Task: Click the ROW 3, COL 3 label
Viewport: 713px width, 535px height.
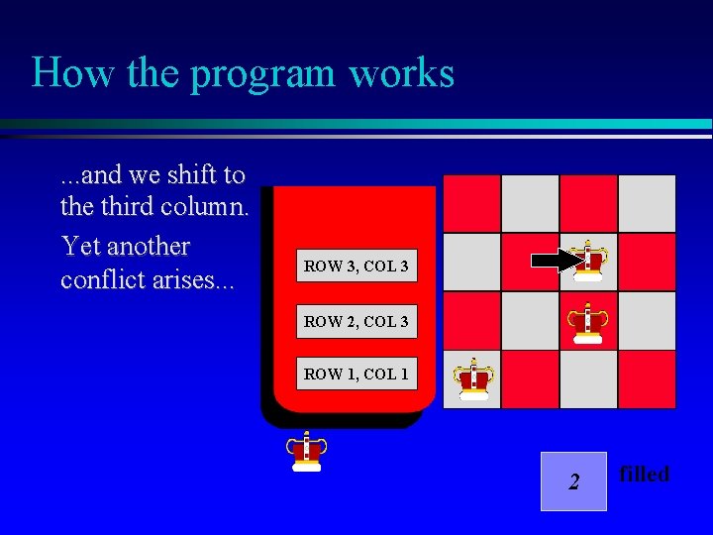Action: [x=356, y=266]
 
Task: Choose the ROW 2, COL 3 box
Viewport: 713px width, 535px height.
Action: [x=356, y=321]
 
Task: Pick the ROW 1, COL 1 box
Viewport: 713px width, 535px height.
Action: [x=356, y=374]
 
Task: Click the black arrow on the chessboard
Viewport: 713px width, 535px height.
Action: [x=558, y=262]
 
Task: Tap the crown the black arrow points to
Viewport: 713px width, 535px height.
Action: [x=589, y=262]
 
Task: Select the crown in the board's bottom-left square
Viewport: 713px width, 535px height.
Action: [x=473, y=378]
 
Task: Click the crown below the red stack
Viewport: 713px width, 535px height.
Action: [x=307, y=452]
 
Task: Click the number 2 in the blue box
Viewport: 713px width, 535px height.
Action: [x=573, y=482]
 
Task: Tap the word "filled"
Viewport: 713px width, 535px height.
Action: [x=644, y=475]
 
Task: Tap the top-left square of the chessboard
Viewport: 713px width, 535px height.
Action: [x=472, y=204]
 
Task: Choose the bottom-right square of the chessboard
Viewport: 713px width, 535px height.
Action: [x=647, y=379]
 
